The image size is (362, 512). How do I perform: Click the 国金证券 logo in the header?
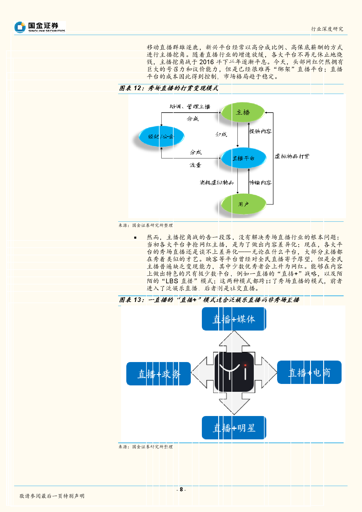pos(40,27)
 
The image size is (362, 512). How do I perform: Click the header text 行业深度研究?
pos(327,29)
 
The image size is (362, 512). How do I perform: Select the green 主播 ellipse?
pos(243,112)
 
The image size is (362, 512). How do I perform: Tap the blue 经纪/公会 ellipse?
pos(161,136)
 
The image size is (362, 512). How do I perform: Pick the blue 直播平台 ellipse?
pos(244,158)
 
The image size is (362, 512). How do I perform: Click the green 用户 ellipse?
pos(244,204)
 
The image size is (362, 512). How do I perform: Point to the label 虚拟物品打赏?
pos(292,156)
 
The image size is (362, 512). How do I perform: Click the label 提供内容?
pos(260,131)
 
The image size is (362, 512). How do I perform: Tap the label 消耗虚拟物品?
pos(217,183)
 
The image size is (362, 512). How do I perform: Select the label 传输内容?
pos(260,183)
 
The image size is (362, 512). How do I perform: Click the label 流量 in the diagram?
pos(195,165)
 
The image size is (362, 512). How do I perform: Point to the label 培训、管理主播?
pos(190,106)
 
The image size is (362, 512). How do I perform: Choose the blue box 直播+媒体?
pos(234,319)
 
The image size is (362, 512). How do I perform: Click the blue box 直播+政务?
pos(159,374)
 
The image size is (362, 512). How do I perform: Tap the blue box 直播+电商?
pos(309,373)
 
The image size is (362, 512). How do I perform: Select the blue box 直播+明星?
pos(234,428)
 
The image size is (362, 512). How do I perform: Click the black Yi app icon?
pos(234,372)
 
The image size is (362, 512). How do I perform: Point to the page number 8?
pos(181,489)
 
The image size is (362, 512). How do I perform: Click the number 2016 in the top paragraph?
pos(207,62)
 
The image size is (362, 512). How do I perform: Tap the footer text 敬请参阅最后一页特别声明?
pos(52,496)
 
